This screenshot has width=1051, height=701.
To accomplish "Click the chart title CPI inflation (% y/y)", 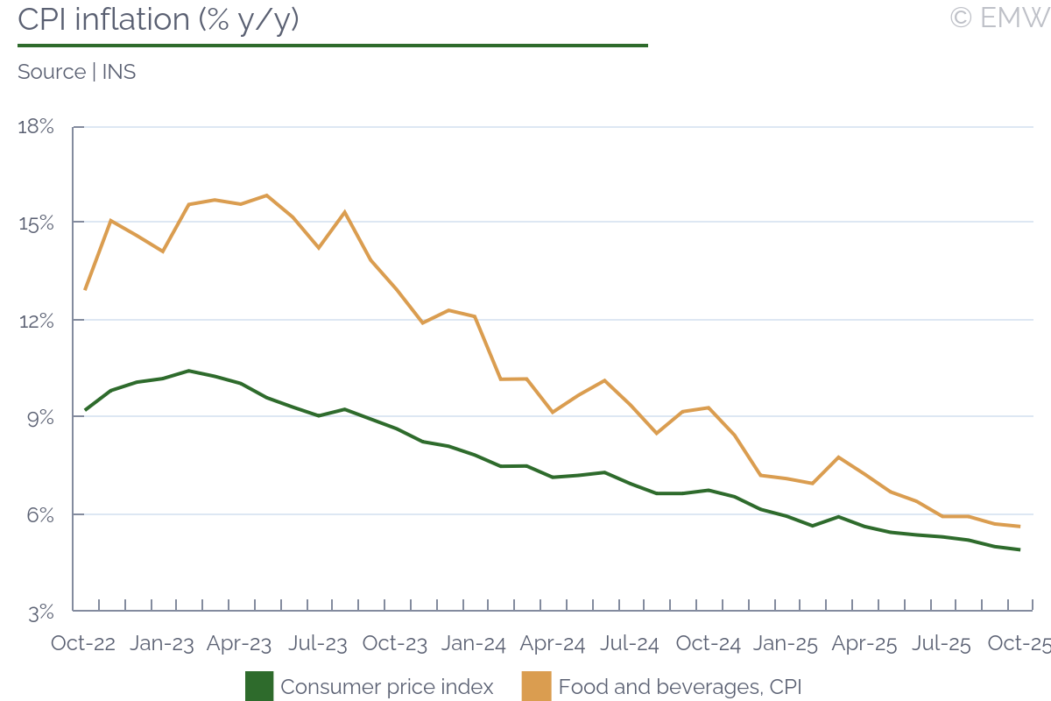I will [x=159, y=19].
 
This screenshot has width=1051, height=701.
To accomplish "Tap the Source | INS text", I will [x=77, y=72].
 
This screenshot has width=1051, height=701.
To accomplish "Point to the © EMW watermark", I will [x=999, y=18].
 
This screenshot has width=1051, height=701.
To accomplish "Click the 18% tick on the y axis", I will [x=36, y=127].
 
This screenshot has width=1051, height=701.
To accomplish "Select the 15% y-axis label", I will [x=36, y=223].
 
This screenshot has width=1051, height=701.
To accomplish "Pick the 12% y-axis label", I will [x=36, y=321].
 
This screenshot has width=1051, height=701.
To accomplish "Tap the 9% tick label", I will [x=39, y=418].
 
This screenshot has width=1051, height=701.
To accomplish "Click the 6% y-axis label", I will [x=39, y=515].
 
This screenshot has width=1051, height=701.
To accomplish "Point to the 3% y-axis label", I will [x=39, y=612].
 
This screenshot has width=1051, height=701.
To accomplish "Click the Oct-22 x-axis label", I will [x=83, y=643].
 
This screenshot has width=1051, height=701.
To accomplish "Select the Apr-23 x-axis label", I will [x=239, y=643].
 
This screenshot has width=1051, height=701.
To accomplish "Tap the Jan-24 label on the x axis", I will [x=474, y=643].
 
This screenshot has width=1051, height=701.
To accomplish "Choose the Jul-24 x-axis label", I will [x=630, y=643].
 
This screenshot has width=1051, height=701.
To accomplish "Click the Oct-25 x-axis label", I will [x=1019, y=643].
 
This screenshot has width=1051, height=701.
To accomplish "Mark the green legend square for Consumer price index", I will [x=259, y=686].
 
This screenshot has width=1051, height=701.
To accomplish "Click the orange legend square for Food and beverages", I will [x=536, y=686].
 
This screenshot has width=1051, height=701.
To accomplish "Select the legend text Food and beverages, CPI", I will [x=680, y=687].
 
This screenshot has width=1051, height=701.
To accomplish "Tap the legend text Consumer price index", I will [x=387, y=687].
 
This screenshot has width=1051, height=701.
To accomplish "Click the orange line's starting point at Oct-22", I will [x=85, y=289].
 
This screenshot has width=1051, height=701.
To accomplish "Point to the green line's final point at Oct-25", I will [x=1019, y=549].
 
